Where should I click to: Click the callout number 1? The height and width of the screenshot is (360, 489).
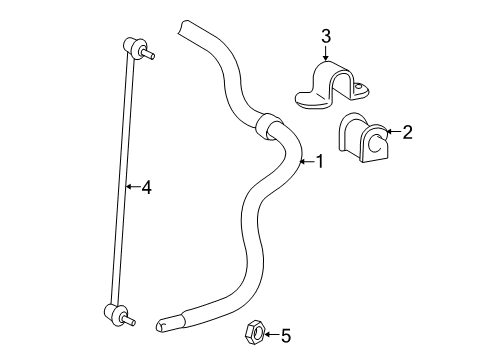point(320,161)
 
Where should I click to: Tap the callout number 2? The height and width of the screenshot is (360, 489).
point(407,131)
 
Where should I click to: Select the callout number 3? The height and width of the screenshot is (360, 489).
point(326,37)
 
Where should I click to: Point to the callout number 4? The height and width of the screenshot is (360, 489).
point(146,186)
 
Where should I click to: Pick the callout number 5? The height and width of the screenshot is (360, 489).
point(285,335)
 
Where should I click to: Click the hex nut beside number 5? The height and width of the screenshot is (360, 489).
point(254,333)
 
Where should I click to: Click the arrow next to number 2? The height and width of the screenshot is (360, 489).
point(393,131)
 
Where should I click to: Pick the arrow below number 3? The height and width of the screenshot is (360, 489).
point(326,55)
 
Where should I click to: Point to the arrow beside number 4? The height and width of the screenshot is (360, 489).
point(132,186)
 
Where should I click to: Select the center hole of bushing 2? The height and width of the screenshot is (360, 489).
point(372,146)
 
